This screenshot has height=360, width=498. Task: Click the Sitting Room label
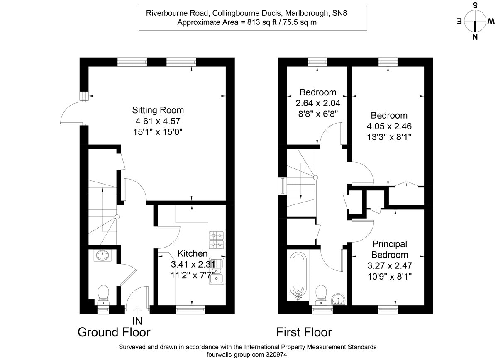(158, 110)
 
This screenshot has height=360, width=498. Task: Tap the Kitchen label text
(193, 253)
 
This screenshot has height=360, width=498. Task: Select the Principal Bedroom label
(389, 249)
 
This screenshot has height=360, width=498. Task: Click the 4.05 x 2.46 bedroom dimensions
(389, 126)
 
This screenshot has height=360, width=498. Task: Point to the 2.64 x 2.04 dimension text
(318, 102)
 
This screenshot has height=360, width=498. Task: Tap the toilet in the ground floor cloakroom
(104, 295)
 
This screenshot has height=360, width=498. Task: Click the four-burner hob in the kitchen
(216, 239)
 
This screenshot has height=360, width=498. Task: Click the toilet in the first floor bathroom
(322, 294)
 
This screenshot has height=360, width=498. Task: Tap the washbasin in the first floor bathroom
(339, 298)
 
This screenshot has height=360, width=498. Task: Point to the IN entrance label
(137, 321)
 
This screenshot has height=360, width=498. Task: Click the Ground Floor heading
(114, 332)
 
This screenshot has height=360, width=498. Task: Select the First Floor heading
(304, 332)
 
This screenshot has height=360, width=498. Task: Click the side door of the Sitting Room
(73, 114)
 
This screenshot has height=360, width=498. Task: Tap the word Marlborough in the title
(309, 13)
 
